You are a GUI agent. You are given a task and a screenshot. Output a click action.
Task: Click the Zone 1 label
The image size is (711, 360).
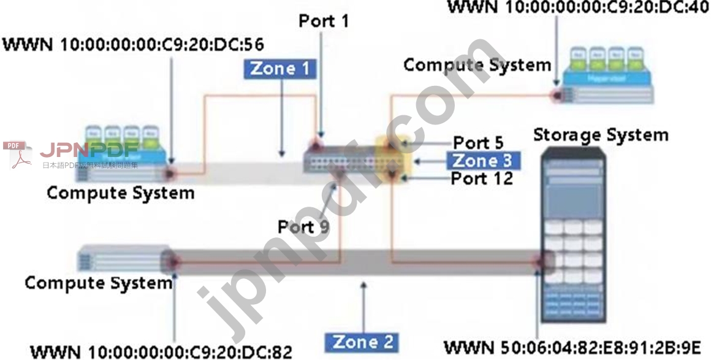click(280, 69)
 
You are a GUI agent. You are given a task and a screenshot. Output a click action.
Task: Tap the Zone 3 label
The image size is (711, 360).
click(481, 161)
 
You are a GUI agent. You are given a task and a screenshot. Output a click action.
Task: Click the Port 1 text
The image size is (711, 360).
click(324, 20)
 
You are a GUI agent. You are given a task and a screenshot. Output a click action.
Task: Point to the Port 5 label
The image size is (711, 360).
click(478, 143)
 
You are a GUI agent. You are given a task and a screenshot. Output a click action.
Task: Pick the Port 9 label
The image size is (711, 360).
click(303, 226)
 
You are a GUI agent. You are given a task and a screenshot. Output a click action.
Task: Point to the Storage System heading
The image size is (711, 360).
click(600, 134)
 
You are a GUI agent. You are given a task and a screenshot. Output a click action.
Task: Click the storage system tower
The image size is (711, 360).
click(574, 239)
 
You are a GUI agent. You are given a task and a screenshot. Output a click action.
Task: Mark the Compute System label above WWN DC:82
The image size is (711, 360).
click(98, 283)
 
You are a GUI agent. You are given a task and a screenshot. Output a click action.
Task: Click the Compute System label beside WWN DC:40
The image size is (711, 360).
click(477, 64)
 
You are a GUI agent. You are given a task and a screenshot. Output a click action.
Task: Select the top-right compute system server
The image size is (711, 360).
click(607, 77)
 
